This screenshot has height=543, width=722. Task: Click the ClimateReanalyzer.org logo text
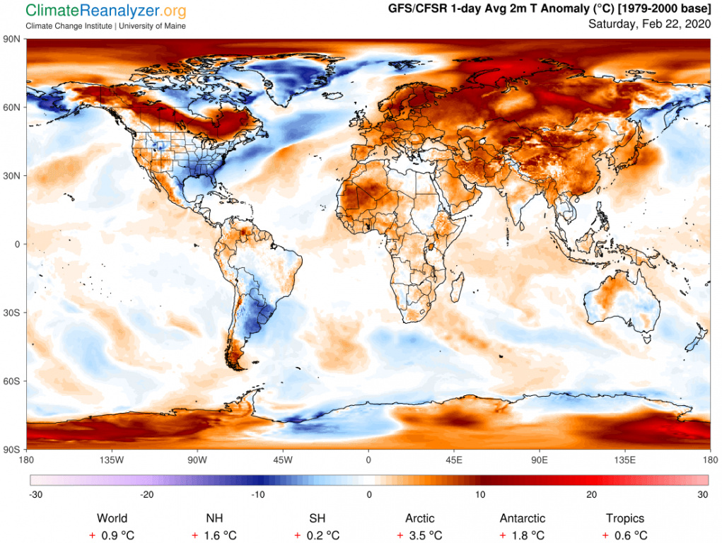click(x=106, y=11)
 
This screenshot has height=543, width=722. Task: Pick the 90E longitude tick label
click(x=540, y=460)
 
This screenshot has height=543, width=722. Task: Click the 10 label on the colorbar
click(x=481, y=494)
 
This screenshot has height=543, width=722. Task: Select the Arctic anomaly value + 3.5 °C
click(x=420, y=535)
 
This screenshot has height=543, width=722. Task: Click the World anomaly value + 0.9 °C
click(x=112, y=535)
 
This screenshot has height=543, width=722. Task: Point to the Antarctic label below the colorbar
click(x=523, y=518)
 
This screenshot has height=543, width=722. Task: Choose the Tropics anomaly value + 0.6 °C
click(x=625, y=535)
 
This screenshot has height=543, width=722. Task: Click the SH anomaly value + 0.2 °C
click(x=318, y=535)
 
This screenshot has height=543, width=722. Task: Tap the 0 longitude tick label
click(x=368, y=460)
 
